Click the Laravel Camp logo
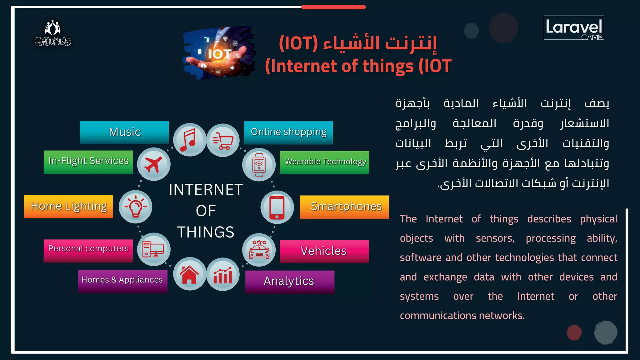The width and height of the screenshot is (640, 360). coord(574,28)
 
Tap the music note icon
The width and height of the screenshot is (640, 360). coord(189,140)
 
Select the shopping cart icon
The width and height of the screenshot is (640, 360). coord(223,140)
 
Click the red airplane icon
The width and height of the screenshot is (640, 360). coord(154,164)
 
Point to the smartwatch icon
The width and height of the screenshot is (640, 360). coord(259,165)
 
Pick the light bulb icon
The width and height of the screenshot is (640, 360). coord(136,207)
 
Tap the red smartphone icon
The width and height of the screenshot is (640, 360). coord(277,207)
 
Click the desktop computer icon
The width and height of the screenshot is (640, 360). coord(153,249)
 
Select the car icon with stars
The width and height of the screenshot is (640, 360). coord(259,250)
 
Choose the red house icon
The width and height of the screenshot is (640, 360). coord(189,274)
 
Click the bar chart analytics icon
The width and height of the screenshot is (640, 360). coord(223,274)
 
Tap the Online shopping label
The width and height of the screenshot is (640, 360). coord(288,132)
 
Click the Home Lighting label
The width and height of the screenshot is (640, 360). coord(69,206)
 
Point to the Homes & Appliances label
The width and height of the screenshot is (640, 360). coord(122,280)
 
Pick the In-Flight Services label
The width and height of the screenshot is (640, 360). coord(88,162)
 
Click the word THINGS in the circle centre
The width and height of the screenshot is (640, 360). coord(206,232)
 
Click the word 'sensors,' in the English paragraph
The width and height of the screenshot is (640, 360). coord(495,238)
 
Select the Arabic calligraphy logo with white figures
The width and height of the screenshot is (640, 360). coord(53,33)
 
